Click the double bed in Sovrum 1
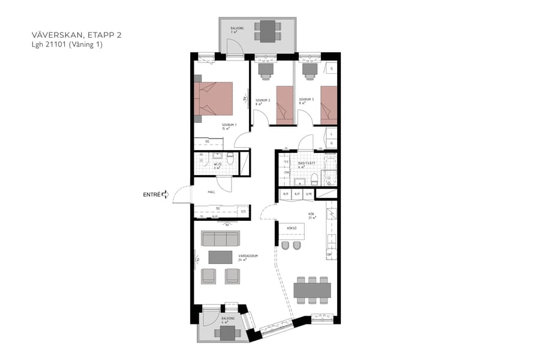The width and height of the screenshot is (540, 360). pyautogui.click(x=214, y=98)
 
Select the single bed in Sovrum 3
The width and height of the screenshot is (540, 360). pyautogui.click(x=328, y=105)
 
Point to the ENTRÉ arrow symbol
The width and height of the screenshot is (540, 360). pyautogui.click(x=165, y=194)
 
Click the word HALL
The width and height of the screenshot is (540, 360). pyautogui.click(x=211, y=192)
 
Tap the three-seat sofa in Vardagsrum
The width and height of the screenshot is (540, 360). pyautogui.click(x=220, y=239)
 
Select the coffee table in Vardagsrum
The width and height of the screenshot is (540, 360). pyautogui.click(x=220, y=257)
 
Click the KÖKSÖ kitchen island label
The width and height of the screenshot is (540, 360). pyautogui.click(x=292, y=228)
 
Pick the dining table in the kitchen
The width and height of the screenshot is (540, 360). pyautogui.click(x=312, y=290)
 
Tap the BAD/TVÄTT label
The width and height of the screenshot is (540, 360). pyautogui.click(x=307, y=163)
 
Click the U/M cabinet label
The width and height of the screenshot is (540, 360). pyautogui.click(x=309, y=194)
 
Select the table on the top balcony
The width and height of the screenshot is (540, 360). pyautogui.click(x=268, y=31)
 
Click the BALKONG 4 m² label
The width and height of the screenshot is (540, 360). pyautogui.click(x=227, y=320)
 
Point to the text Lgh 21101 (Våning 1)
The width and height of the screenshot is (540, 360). pyautogui.click(x=67, y=44)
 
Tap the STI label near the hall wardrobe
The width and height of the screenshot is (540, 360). pyautogui.click(x=243, y=211)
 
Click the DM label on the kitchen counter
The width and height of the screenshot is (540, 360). pyautogui.click(x=329, y=255)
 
